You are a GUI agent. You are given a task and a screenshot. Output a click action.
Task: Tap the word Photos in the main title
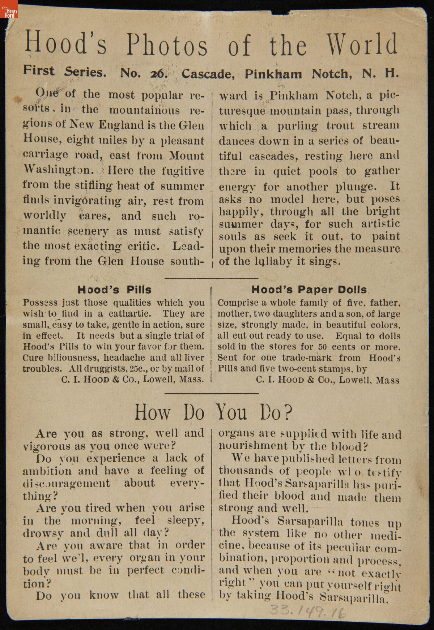pyautogui.click(x=167, y=45)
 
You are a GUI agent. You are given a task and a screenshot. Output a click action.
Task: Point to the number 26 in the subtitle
pyautogui.click(x=157, y=73)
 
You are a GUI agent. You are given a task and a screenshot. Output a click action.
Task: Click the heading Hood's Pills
pyautogui.click(x=115, y=290)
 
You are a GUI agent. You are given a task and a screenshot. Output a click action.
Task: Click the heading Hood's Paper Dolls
pyautogui.click(x=309, y=290)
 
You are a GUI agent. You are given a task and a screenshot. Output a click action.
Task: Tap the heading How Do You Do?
pyautogui.click(x=213, y=412)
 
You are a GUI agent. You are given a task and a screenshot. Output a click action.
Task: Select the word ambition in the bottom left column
pyautogui.click(x=47, y=471)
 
